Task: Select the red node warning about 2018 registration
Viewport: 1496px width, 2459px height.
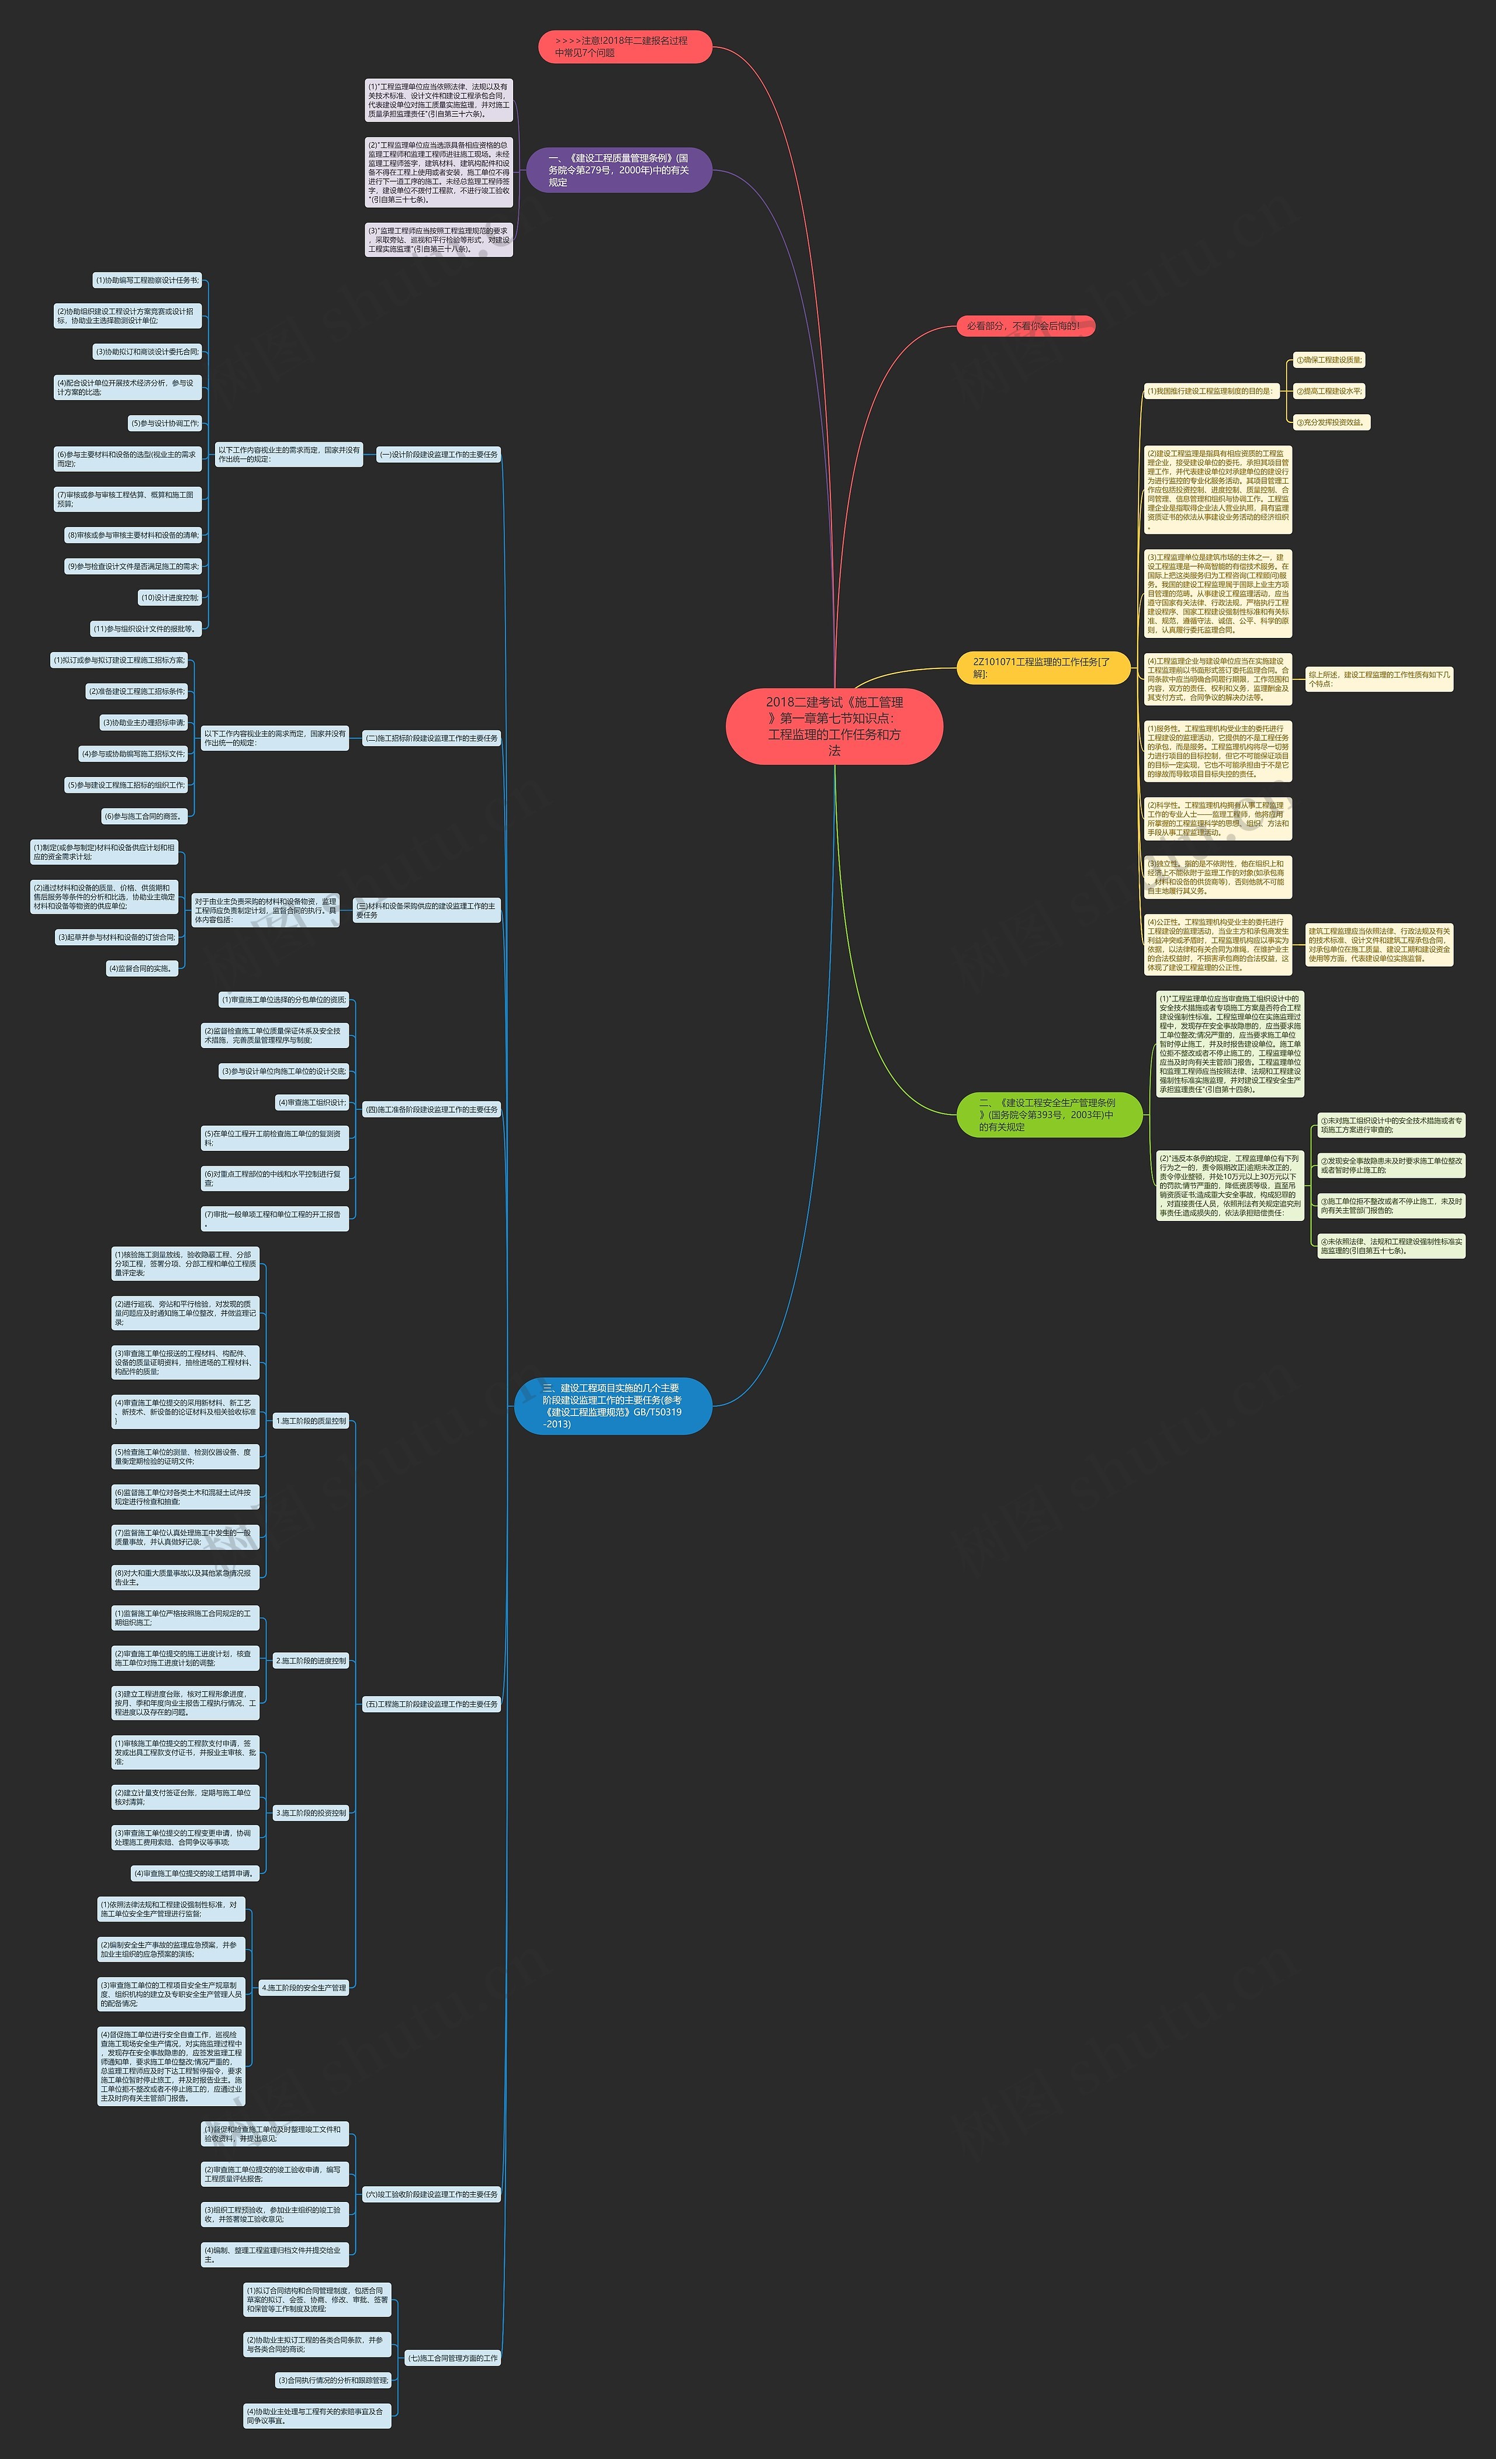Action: point(625,47)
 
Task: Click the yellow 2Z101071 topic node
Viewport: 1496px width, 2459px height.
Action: point(1043,668)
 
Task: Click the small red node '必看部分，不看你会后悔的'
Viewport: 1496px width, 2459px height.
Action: point(1025,327)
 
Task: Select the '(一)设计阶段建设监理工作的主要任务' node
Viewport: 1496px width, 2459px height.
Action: point(438,455)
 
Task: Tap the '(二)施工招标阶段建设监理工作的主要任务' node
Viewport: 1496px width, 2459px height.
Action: point(431,738)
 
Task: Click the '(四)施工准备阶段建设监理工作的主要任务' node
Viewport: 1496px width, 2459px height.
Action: point(431,1110)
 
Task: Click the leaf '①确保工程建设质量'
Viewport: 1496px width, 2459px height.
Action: point(1328,360)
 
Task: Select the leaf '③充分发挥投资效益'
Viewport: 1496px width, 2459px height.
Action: point(1331,422)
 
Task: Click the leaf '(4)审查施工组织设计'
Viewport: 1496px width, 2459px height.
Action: point(313,1103)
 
